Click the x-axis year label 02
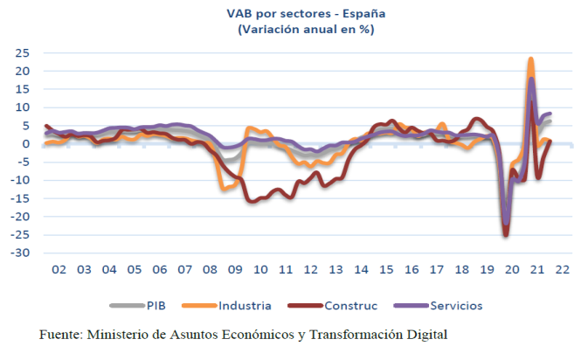(x=59, y=269)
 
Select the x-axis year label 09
(x=236, y=269)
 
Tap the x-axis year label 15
(x=386, y=269)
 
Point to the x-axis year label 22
(x=562, y=269)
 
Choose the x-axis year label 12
(x=311, y=269)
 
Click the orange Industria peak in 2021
(x=531, y=60)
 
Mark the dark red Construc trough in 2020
(x=506, y=234)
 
